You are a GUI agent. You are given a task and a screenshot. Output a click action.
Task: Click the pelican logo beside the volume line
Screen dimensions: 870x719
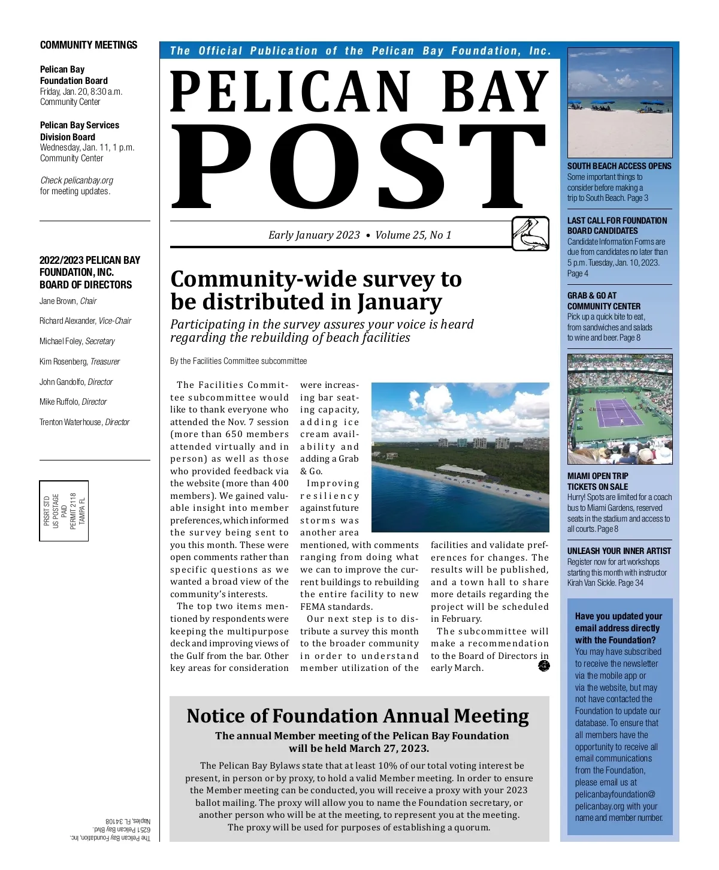530,233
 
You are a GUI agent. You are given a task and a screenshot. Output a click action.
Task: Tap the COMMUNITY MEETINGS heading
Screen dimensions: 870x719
89,45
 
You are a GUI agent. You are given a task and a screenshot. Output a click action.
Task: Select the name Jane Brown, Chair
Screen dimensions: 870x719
68,301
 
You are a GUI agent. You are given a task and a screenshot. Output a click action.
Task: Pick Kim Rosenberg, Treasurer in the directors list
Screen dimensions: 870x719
80,362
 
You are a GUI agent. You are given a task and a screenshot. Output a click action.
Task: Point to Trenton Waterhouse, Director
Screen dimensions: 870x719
84,422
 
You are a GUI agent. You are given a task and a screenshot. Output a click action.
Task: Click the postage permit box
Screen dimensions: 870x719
64,510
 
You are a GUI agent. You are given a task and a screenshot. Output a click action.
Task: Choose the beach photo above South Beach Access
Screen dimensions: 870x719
620,103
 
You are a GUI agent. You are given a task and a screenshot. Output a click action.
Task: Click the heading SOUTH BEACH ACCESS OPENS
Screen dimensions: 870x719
619,166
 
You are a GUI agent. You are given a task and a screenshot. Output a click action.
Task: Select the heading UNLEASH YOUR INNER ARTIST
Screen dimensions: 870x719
619,551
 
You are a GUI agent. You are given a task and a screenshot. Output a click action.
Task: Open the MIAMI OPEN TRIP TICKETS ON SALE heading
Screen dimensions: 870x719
598,481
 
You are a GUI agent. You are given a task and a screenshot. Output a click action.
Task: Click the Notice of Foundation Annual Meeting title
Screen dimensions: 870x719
358,716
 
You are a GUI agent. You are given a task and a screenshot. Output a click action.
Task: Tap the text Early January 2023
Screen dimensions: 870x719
314,235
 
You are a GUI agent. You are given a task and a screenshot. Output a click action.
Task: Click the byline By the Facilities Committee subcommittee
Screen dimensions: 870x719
238,361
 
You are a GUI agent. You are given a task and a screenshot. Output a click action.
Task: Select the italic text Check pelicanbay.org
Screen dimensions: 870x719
77,180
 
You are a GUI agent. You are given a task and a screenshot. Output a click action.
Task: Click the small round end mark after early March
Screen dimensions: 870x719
544,666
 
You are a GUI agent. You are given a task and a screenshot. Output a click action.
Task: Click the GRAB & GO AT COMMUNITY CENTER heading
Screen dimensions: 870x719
604,301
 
